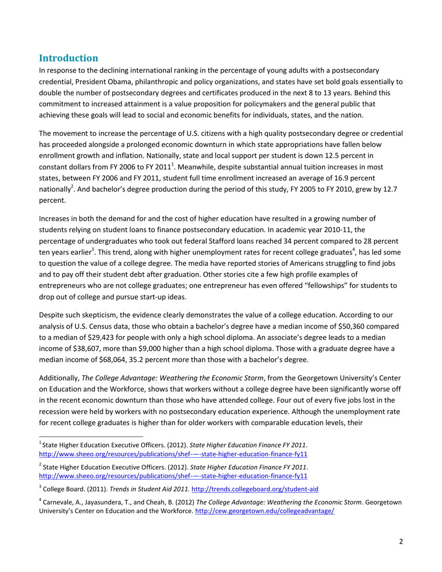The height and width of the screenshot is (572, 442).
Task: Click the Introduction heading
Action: point(68,59)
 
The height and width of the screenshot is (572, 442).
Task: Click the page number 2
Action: point(401,542)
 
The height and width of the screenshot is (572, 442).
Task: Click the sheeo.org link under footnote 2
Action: point(173,476)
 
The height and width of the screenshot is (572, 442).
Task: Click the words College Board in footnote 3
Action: point(60,489)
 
